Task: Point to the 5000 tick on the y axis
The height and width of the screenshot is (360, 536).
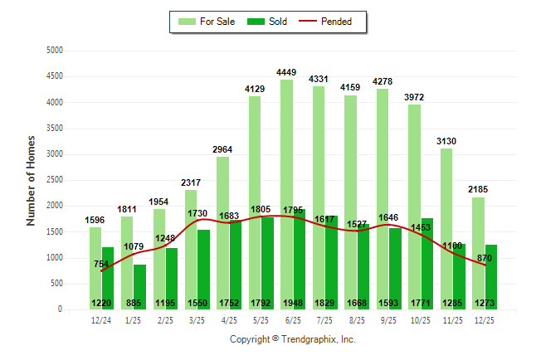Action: tap(56, 51)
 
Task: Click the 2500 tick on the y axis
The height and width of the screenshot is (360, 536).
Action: tap(56, 180)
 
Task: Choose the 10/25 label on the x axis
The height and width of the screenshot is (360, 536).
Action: tap(421, 319)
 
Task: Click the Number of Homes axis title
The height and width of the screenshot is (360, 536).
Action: tap(31, 180)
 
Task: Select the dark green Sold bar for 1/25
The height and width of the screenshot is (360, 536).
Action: tap(139, 282)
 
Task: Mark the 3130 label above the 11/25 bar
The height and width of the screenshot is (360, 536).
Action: tap(446, 141)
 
